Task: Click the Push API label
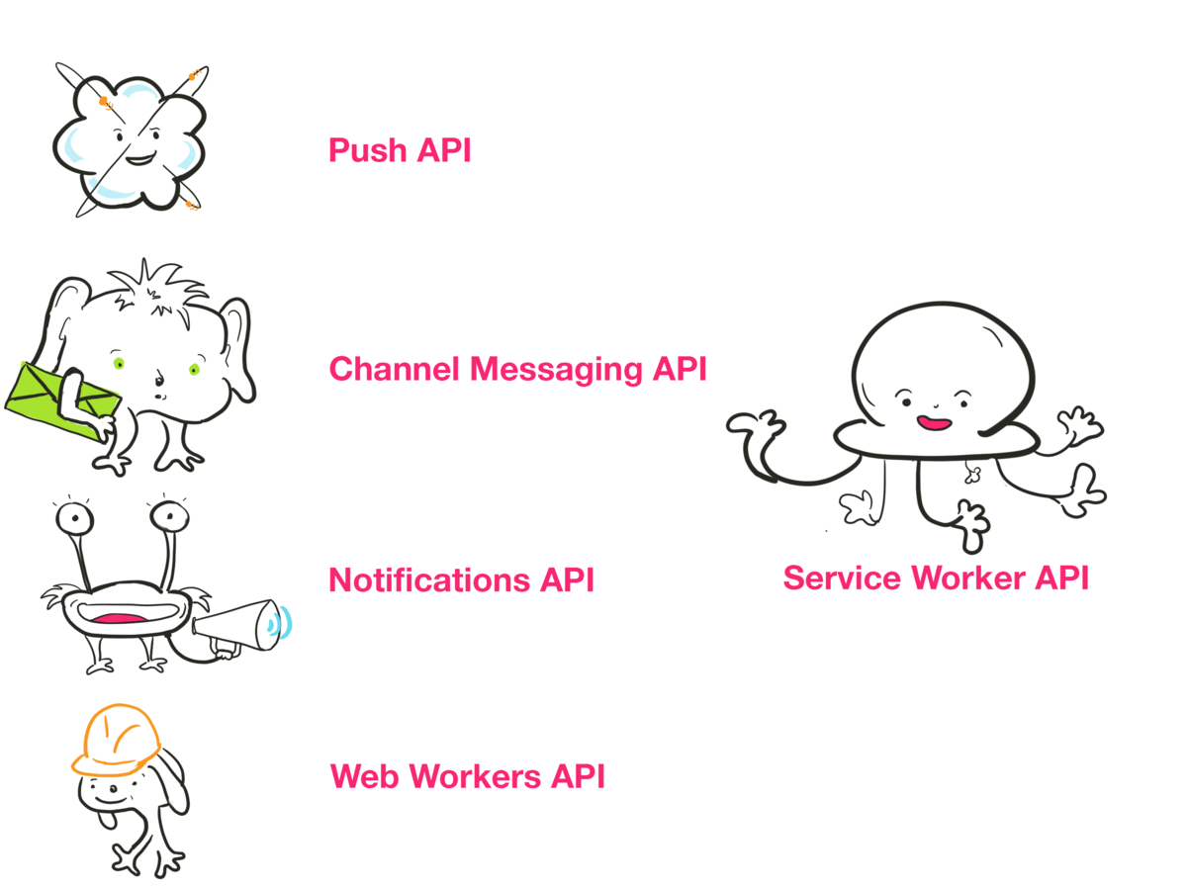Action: [400, 151]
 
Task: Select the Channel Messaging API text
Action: [517, 370]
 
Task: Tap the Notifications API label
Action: [461, 579]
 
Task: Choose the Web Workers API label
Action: [467, 776]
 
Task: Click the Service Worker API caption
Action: [935, 578]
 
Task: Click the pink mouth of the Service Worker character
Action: [933, 423]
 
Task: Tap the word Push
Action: [367, 151]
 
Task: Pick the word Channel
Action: [395, 370]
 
